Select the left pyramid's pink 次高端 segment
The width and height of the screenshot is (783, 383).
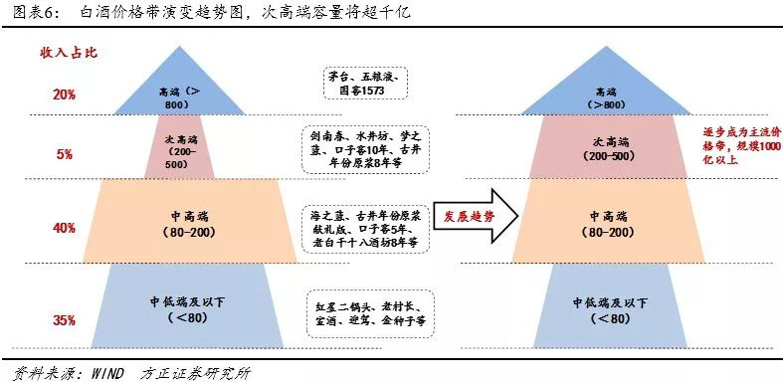[179, 149]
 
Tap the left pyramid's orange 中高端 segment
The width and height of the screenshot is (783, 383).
[179, 223]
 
